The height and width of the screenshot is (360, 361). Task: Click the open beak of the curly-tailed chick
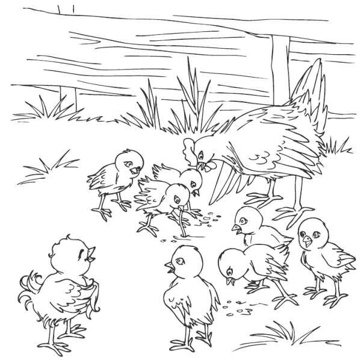tap(90, 252)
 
